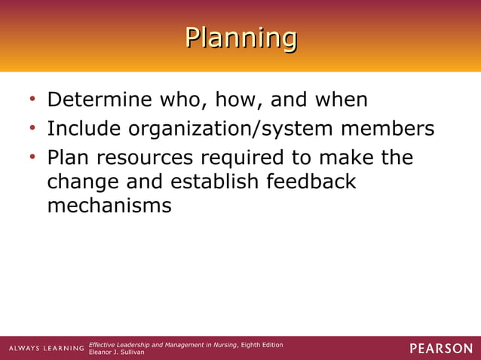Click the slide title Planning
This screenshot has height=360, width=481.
(x=240, y=37)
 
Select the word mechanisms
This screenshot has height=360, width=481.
(x=109, y=205)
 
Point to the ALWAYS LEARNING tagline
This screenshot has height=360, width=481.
(x=46, y=348)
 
